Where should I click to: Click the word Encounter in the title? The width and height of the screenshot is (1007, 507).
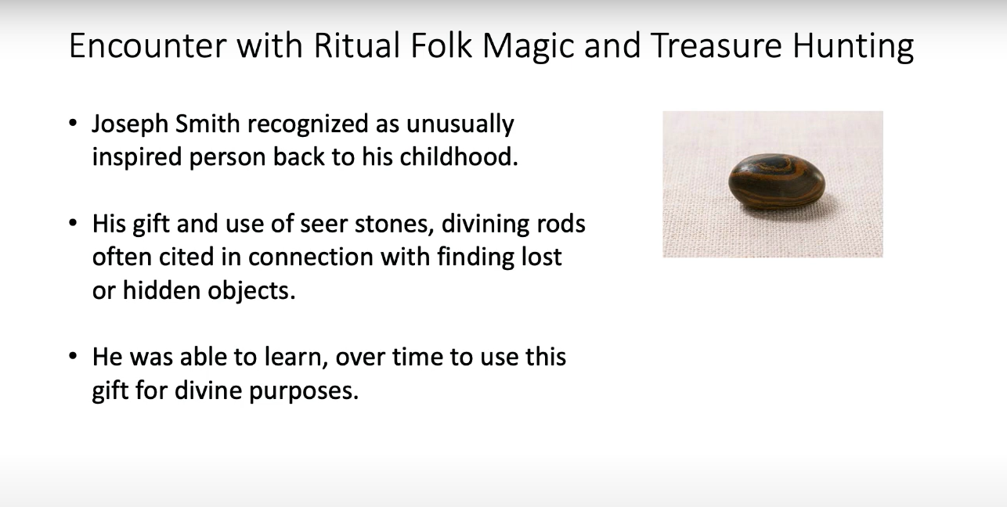tap(148, 45)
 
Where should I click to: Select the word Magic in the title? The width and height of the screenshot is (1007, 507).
tap(529, 47)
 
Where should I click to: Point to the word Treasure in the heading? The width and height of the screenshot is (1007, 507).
tap(716, 45)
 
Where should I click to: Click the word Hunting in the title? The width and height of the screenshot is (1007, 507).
tap(854, 47)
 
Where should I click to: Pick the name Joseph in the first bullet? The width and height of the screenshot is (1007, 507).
tap(130, 124)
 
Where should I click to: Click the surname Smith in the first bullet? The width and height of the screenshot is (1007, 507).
tap(208, 123)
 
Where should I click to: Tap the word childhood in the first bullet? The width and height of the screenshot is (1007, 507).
tap(459, 156)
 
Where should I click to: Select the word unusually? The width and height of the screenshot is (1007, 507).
tap(460, 124)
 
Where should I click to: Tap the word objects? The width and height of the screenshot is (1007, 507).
tap(252, 290)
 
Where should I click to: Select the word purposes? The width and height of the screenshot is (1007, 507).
tap(304, 391)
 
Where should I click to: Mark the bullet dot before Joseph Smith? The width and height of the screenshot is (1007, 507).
tap(74, 124)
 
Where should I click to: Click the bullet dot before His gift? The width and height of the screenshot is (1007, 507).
tap(74, 223)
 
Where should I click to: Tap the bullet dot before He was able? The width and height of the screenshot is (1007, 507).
tap(74, 357)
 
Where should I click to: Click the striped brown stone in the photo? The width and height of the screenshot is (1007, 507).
tap(776, 182)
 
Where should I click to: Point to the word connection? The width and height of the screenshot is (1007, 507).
tap(310, 257)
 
